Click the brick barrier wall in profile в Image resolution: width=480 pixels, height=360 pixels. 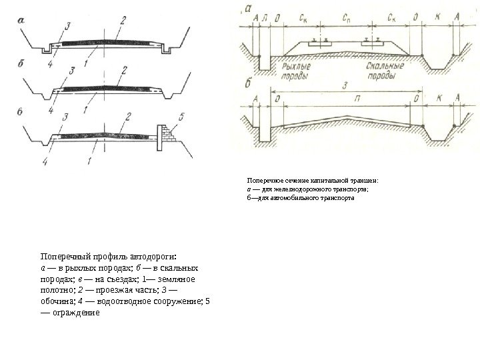(x=163, y=135)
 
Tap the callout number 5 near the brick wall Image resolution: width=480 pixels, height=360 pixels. (x=175, y=117)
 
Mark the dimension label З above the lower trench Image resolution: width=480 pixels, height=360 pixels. (x=343, y=85)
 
